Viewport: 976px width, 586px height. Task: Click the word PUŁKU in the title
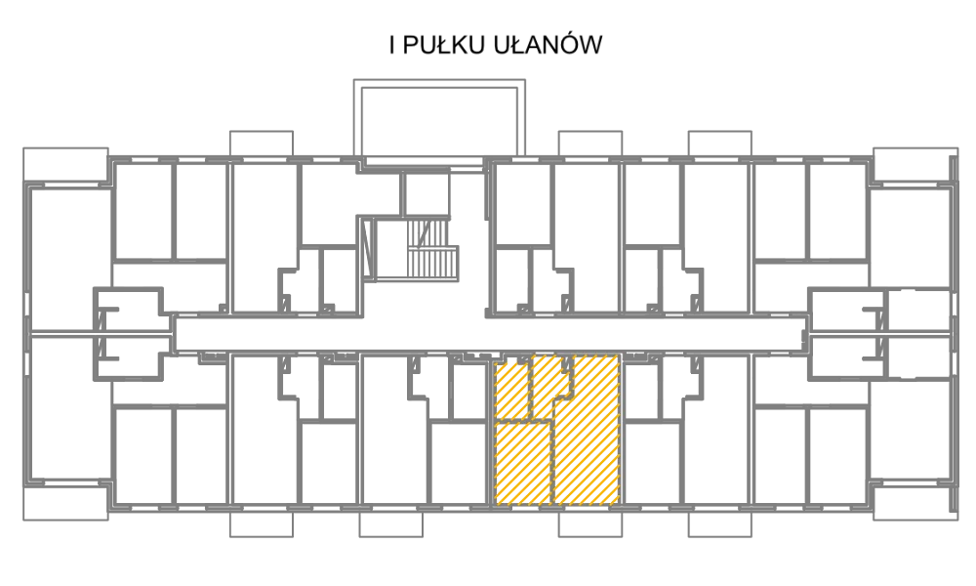coord(444,45)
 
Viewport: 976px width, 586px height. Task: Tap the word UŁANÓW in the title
coord(548,44)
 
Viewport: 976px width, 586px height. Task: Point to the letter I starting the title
coord(392,45)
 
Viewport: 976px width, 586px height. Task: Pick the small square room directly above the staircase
coord(427,194)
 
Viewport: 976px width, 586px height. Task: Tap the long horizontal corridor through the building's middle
coord(490,333)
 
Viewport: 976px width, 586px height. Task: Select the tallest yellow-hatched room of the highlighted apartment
coord(586,430)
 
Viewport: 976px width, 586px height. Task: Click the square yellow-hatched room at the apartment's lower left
coord(523,463)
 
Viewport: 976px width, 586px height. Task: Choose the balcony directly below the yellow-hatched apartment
coord(590,523)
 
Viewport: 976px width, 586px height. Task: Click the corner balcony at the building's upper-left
coord(65,165)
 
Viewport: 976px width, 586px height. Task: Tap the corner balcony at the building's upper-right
coord(915,165)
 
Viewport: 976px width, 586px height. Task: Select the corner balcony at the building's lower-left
coord(65,503)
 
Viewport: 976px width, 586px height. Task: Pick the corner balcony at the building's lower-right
coord(915,503)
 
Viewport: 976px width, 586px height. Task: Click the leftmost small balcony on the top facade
coord(262,144)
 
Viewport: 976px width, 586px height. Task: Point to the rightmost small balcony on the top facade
coord(719,144)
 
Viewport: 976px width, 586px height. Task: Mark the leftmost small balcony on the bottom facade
coord(262,523)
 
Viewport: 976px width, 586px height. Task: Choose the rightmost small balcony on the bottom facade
coord(719,523)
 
